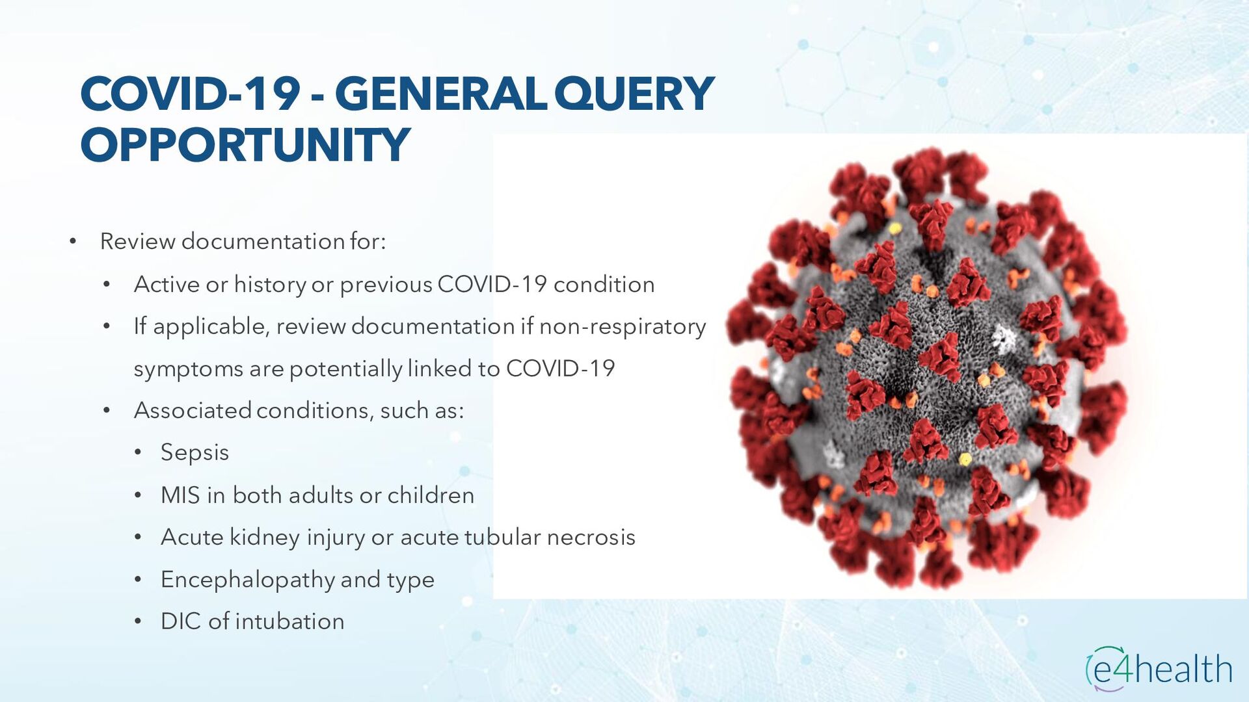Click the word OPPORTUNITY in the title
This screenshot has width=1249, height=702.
point(245,144)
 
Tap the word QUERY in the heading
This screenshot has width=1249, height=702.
point(634,94)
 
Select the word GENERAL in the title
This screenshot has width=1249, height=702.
point(440,94)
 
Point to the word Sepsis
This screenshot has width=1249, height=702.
point(195,453)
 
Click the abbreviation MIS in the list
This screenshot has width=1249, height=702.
point(180,495)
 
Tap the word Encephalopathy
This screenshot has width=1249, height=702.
point(247,580)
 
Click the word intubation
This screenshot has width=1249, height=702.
point(289,621)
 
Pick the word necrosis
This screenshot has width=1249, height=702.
point(591,538)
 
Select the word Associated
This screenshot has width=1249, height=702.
point(193,411)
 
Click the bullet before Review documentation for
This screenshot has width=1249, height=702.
point(73,242)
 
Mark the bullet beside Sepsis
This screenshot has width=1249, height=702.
point(138,453)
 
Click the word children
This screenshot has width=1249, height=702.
point(431,495)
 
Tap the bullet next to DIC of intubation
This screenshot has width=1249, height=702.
point(138,622)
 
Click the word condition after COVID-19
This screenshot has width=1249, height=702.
point(604,285)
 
